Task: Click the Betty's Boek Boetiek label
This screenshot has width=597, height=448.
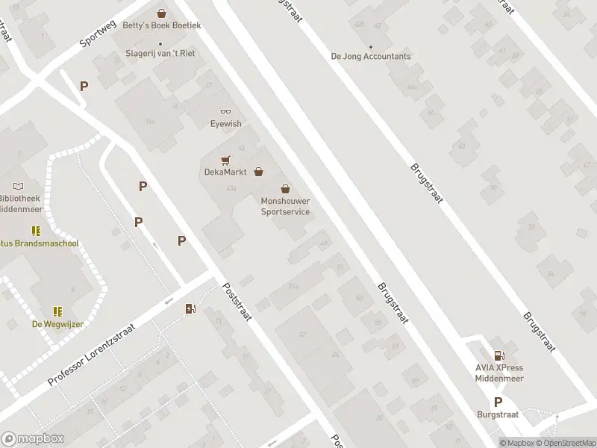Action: click(161, 25)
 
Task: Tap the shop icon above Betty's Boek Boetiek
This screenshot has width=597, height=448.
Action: click(161, 13)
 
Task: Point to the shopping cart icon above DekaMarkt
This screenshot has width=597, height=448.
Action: click(225, 160)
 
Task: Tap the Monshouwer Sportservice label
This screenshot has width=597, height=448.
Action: click(284, 206)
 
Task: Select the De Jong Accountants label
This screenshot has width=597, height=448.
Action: click(371, 56)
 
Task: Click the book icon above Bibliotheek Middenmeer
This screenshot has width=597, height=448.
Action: click(19, 186)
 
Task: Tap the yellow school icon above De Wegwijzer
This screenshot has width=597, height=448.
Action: click(57, 311)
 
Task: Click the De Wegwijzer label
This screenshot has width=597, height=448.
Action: click(57, 323)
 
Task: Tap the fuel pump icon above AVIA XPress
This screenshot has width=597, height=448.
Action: click(499, 355)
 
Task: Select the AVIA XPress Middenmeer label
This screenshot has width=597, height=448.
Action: click(499, 373)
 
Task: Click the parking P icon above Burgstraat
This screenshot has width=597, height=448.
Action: click(498, 401)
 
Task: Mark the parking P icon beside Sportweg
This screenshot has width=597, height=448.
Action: click(84, 86)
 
